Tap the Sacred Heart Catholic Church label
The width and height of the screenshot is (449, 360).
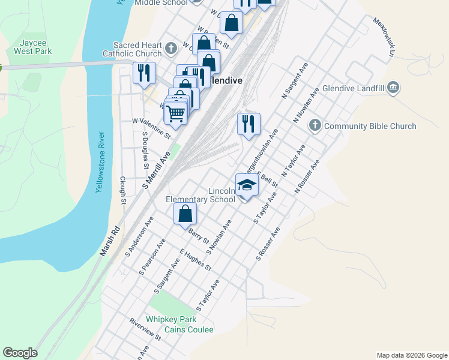137,49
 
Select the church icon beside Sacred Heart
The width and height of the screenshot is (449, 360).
171,47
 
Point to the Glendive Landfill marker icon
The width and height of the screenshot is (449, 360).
393,88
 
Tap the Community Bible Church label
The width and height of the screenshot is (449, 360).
370,126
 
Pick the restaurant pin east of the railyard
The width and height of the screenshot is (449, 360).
249,124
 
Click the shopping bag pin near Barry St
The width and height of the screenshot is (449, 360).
185,213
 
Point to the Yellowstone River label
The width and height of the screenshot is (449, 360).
100,162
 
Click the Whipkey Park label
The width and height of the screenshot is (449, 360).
170,320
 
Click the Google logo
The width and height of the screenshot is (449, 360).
20,353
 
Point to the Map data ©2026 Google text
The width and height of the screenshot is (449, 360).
411,355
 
